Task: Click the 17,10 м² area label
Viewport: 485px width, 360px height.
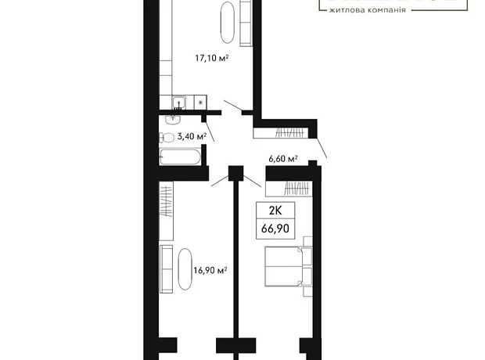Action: (212, 58)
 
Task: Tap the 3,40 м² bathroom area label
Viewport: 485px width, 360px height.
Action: (192, 136)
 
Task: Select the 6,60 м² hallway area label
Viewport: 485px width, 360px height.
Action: (283, 159)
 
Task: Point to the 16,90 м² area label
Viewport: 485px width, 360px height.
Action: (210, 270)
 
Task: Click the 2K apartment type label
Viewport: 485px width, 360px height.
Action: (275, 211)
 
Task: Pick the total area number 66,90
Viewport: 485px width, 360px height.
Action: (275, 229)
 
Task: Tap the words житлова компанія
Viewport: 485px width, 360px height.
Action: (367, 10)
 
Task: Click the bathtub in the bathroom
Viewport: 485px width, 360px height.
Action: (180, 157)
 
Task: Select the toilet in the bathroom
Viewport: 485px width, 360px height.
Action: (167, 138)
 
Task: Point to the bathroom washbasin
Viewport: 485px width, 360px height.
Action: (173, 120)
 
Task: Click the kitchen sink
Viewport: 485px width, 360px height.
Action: (179, 103)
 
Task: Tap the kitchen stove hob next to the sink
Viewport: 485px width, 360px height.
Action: (200, 103)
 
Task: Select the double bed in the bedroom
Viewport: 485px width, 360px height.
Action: (289, 266)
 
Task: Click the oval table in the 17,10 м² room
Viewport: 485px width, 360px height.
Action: (228, 23)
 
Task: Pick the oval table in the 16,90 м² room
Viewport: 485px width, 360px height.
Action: (185, 269)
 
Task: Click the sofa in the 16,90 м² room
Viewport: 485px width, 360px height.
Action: (166, 269)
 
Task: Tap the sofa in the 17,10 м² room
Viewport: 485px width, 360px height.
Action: (246, 23)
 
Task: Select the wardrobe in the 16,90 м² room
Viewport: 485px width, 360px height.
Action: (166, 211)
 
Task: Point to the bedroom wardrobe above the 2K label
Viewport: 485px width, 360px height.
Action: (289, 189)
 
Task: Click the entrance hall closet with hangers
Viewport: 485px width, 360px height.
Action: (281, 133)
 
